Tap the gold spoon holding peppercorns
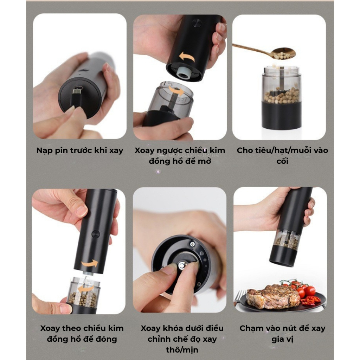click(x=266, y=51)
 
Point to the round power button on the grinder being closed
click(x=96, y=234)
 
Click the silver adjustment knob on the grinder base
click(x=182, y=266)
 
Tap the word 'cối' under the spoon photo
click(x=282, y=161)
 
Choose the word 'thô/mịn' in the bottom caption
click(x=182, y=350)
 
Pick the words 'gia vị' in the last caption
click(x=282, y=339)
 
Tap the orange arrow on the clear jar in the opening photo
click(x=176, y=91)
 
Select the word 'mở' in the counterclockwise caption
click(x=204, y=161)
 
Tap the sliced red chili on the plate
click(x=310, y=301)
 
